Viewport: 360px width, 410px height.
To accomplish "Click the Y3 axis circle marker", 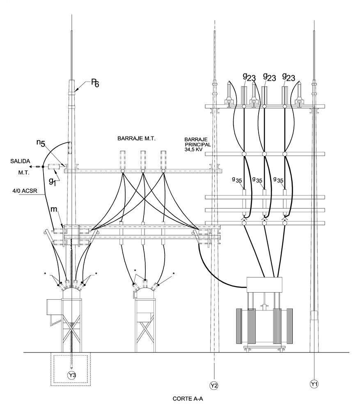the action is (71, 375).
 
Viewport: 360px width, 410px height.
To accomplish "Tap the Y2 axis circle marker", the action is (214, 385).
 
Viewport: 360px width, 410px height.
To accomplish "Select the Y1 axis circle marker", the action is (314, 384).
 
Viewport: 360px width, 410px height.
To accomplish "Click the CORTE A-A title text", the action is (188, 399).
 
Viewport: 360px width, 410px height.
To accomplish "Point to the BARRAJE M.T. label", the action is (136, 139).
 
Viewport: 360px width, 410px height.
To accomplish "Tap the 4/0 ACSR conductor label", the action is (25, 191).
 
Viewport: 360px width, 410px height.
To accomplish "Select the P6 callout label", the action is (95, 83).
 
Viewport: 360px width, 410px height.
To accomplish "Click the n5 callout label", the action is (41, 143).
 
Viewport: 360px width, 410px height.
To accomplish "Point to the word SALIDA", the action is (20, 161).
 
